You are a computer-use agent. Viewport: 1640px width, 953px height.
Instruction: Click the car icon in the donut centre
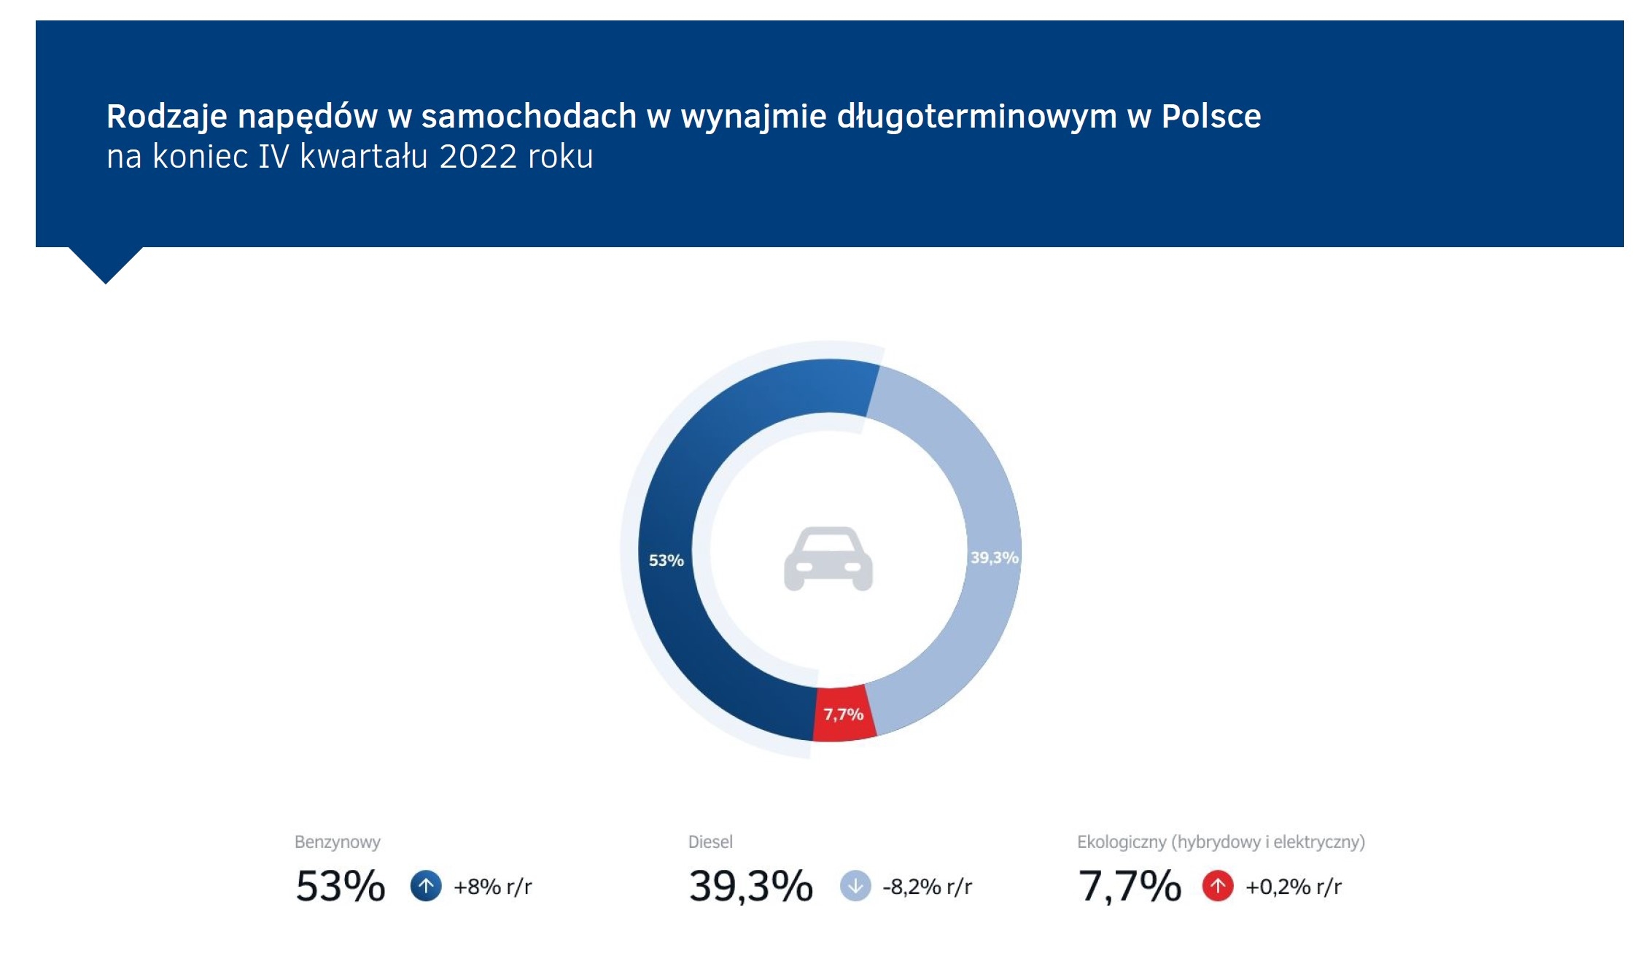pyautogui.click(x=828, y=559)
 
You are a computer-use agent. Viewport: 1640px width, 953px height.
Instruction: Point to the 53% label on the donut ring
pyautogui.click(x=666, y=561)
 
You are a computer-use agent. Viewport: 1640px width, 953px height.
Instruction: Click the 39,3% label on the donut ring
pyautogui.click(x=994, y=558)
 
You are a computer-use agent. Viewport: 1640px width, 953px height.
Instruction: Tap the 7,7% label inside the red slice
pyautogui.click(x=844, y=715)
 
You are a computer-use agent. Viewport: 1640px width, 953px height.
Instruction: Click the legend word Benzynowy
pyautogui.click(x=337, y=842)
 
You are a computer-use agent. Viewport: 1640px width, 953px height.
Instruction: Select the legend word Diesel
pyautogui.click(x=710, y=842)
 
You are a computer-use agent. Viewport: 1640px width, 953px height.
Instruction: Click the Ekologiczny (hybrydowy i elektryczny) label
pyautogui.click(x=1221, y=842)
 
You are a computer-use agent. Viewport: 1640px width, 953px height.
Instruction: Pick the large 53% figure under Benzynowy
pyautogui.click(x=340, y=887)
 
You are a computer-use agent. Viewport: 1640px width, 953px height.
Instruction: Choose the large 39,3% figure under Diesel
pyautogui.click(x=750, y=887)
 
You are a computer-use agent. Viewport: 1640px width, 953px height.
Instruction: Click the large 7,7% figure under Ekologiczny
pyautogui.click(x=1130, y=887)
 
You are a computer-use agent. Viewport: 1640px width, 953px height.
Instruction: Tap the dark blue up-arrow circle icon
pyautogui.click(x=426, y=887)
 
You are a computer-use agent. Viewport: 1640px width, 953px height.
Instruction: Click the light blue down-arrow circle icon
pyautogui.click(x=855, y=887)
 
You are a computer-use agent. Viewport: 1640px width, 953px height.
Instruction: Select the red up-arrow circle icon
pyautogui.click(x=1218, y=887)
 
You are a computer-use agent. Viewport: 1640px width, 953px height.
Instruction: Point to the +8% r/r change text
pyautogui.click(x=493, y=887)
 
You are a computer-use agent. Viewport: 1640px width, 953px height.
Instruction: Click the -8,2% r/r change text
pyautogui.click(x=927, y=887)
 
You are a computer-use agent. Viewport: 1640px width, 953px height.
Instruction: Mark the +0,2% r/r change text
pyautogui.click(x=1294, y=887)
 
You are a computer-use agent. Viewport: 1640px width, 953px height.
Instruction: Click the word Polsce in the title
pyautogui.click(x=1210, y=117)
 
